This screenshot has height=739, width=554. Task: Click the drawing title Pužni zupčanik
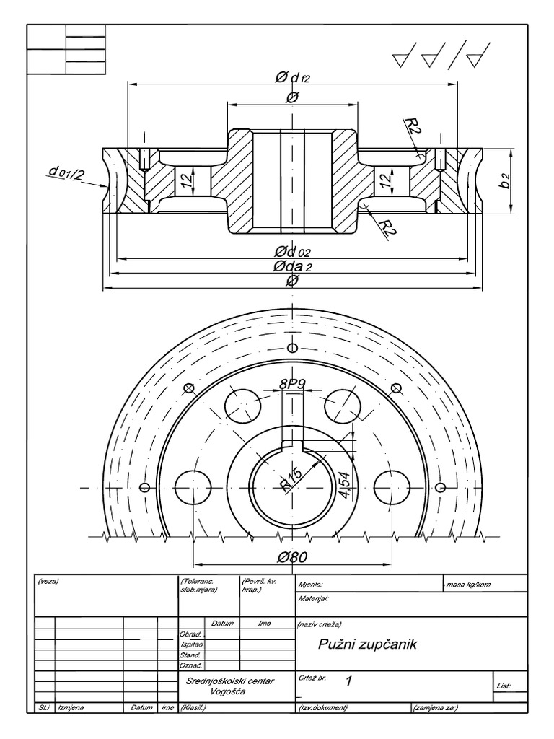pos(368,644)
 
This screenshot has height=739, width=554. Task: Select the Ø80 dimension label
pos(292,556)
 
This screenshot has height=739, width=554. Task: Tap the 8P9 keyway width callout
pos(292,385)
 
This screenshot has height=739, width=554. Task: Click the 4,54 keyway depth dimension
pos(344,484)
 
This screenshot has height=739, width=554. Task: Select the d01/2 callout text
pos(66,172)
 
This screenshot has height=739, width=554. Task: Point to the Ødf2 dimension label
pos(292,77)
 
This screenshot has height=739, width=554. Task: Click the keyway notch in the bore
pos(292,444)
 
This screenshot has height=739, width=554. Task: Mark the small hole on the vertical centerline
pos(292,342)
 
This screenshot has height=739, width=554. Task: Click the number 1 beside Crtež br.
pos(349,681)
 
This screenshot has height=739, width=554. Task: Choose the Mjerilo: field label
pos(310,584)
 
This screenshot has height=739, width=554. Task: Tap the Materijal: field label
pos(313,598)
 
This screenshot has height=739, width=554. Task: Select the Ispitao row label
pos(191,644)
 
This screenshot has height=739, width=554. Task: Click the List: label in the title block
pos(504,686)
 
